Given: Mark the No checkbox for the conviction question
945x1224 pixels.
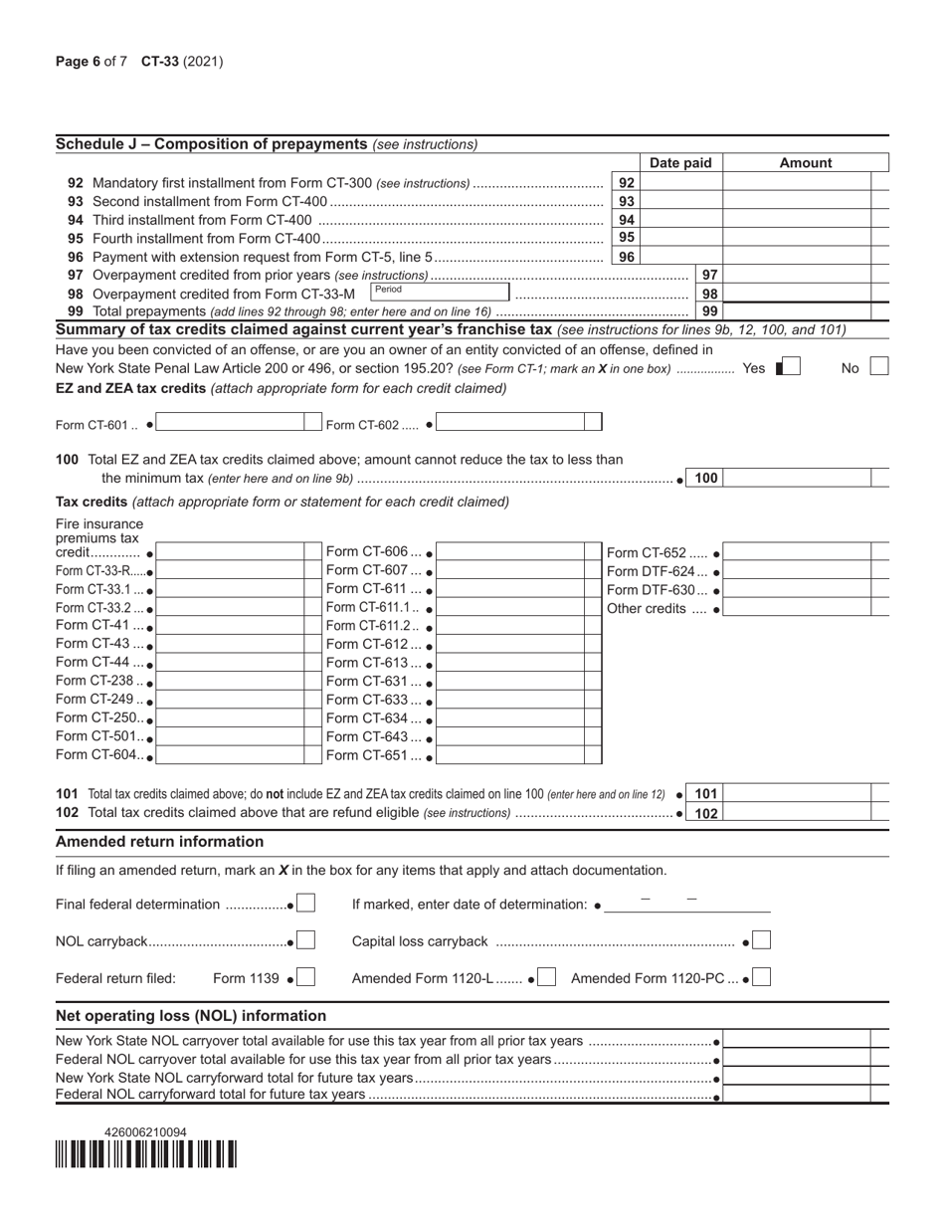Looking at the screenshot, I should [879, 367].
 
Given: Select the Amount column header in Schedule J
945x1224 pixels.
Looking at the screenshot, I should [805, 163].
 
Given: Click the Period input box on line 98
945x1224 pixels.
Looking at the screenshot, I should [439, 292].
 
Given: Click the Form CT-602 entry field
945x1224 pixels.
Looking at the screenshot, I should [517, 423].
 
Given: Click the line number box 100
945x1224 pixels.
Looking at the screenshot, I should [705, 478].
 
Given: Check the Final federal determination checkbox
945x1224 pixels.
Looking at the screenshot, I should [306, 904].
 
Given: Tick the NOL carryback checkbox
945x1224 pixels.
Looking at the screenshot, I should [306, 940].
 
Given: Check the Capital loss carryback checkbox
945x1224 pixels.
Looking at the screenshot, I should [762, 940].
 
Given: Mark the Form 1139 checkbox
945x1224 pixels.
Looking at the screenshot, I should [306, 977].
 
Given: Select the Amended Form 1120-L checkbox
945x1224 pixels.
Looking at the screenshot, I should [547, 977].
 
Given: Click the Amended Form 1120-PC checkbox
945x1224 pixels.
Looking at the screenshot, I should [762, 977].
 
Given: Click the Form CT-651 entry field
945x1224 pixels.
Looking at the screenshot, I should [517, 755].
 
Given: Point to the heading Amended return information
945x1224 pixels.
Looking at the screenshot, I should [159, 842].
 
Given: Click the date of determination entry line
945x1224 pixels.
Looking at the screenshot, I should [687, 905].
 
